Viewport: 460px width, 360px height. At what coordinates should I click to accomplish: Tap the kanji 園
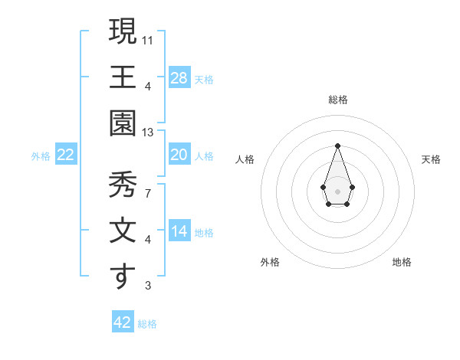tap(123, 123)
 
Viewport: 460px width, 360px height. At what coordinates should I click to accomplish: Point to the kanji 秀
tap(123, 185)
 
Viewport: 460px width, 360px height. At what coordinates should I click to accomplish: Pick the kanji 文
tap(123, 231)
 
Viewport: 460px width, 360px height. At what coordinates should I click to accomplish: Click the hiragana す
tap(123, 277)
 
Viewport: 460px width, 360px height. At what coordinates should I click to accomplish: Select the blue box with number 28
tap(179, 77)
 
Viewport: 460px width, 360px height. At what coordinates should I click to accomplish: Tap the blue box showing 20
tap(179, 155)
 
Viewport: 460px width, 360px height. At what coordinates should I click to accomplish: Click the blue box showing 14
tap(179, 231)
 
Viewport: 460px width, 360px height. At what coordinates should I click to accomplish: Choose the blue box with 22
tap(66, 155)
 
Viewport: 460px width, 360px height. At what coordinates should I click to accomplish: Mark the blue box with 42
tap(123, 322)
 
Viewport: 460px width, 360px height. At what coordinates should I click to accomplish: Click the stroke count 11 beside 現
tap(148, 39)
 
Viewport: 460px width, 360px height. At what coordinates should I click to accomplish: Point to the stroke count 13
tap(148, 133)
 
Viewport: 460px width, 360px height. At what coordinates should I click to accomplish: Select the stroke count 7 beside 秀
tap(147, 194)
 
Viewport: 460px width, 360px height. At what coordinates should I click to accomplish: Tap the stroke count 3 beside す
tap(147, 286)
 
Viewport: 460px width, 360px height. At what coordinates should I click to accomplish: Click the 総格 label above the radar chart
tap(338, 100)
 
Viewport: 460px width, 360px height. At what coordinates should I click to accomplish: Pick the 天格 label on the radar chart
tap(431, 159)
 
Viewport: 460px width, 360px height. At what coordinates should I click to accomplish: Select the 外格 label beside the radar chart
tap(270, 262)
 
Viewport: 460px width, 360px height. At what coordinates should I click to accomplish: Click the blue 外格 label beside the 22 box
tap(41, 155)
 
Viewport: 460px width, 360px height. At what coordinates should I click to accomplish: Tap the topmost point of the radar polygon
tap(337, 146)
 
